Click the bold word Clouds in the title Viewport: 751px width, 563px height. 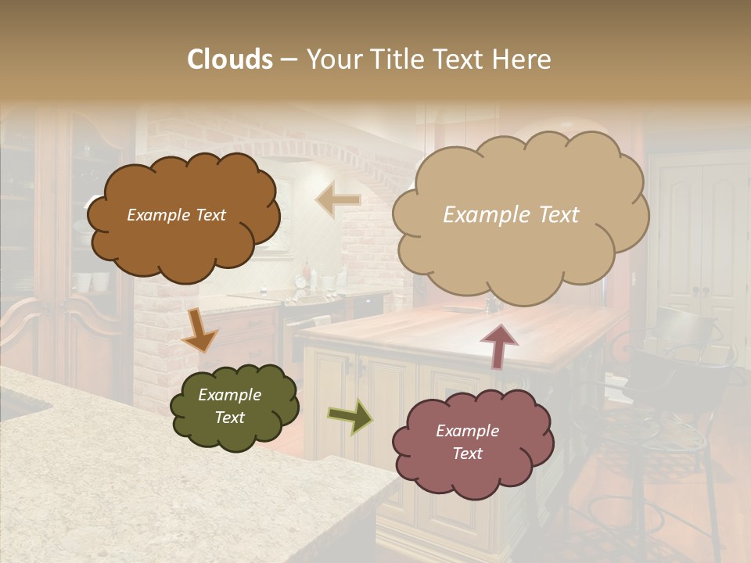click(230, 59)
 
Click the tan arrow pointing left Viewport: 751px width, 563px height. click(338, 201)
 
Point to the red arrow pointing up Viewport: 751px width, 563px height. click(499, 345)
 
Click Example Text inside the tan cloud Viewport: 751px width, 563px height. click(511, 215)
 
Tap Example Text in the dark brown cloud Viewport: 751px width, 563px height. click(176, 215)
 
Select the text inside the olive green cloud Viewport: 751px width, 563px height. click(229, 406)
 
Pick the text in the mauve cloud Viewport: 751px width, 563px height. click(467, 442)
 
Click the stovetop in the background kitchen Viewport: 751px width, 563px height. click(313, 297)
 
